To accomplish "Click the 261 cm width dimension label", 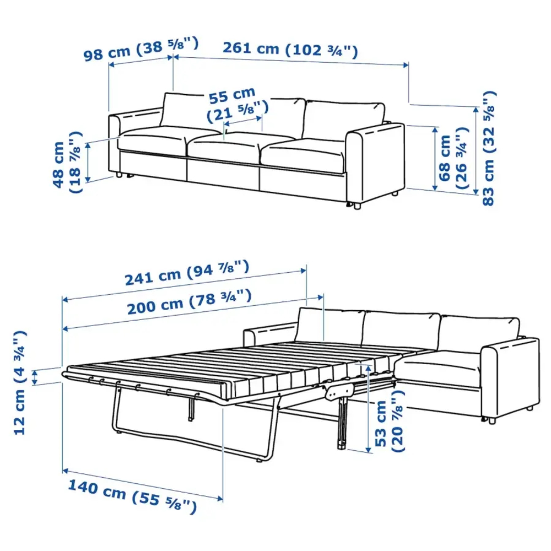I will (290, 50).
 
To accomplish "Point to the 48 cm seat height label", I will (65, 163).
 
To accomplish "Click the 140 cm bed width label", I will (132, 495).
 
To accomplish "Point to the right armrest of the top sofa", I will (375, 160).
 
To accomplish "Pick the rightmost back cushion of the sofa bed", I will (478, 331).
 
